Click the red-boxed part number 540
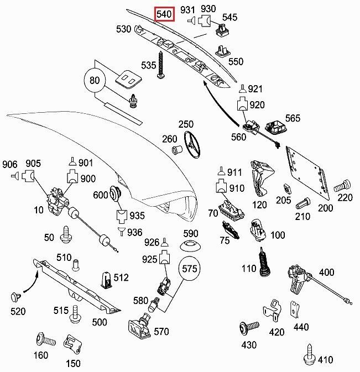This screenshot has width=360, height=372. click(x=165, y=13)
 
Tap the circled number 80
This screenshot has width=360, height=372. click(x=95, y=81)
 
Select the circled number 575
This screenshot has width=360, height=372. click(x=189, y=270)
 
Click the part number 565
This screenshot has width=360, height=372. click(x=293, y=118)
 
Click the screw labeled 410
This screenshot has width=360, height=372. click(x=310, y=352)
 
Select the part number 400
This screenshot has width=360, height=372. click(x=327, y=273)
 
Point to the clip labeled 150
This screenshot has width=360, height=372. click(x=70, y=344)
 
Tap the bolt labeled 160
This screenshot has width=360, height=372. click(x=43, y=338)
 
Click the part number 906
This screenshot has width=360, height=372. click(x=10, y=164)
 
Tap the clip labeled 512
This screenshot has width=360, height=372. click(x=107, y=279)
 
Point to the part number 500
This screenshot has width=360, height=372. click(x=100, y=322)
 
